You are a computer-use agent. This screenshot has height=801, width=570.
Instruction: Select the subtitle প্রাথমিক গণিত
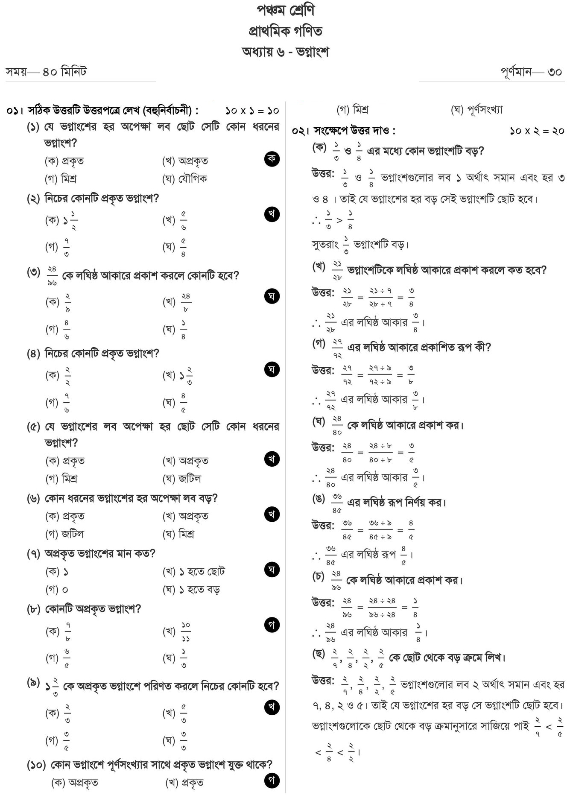[285, 31]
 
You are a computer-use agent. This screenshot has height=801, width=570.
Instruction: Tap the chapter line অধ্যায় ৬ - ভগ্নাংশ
[285, 52]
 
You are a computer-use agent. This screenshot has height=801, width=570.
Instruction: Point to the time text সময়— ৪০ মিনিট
[46, 72]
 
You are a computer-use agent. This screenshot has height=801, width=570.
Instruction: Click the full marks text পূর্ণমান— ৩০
[532, 72]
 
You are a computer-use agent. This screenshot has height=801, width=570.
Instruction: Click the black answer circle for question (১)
[272, 159]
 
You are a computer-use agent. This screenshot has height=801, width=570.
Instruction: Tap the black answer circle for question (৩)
[272, 296]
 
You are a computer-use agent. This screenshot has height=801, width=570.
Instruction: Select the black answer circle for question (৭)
[272, 570]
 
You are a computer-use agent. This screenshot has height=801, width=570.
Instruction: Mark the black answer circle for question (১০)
[272, 781]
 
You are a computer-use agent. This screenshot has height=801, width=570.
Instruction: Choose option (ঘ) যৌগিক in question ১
[184, 179]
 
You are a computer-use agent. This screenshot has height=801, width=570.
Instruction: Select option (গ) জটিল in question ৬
[65, 534]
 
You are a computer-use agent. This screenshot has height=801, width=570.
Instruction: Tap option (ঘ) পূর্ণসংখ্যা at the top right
[476, 110]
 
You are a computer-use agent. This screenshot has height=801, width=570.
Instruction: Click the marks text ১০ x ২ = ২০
[537, 131]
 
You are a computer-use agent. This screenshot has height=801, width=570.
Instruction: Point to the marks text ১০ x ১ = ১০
[252, 111]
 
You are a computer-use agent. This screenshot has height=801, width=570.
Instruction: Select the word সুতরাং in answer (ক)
[325, 245]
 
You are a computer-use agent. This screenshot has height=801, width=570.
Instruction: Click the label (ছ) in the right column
[319, 654]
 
